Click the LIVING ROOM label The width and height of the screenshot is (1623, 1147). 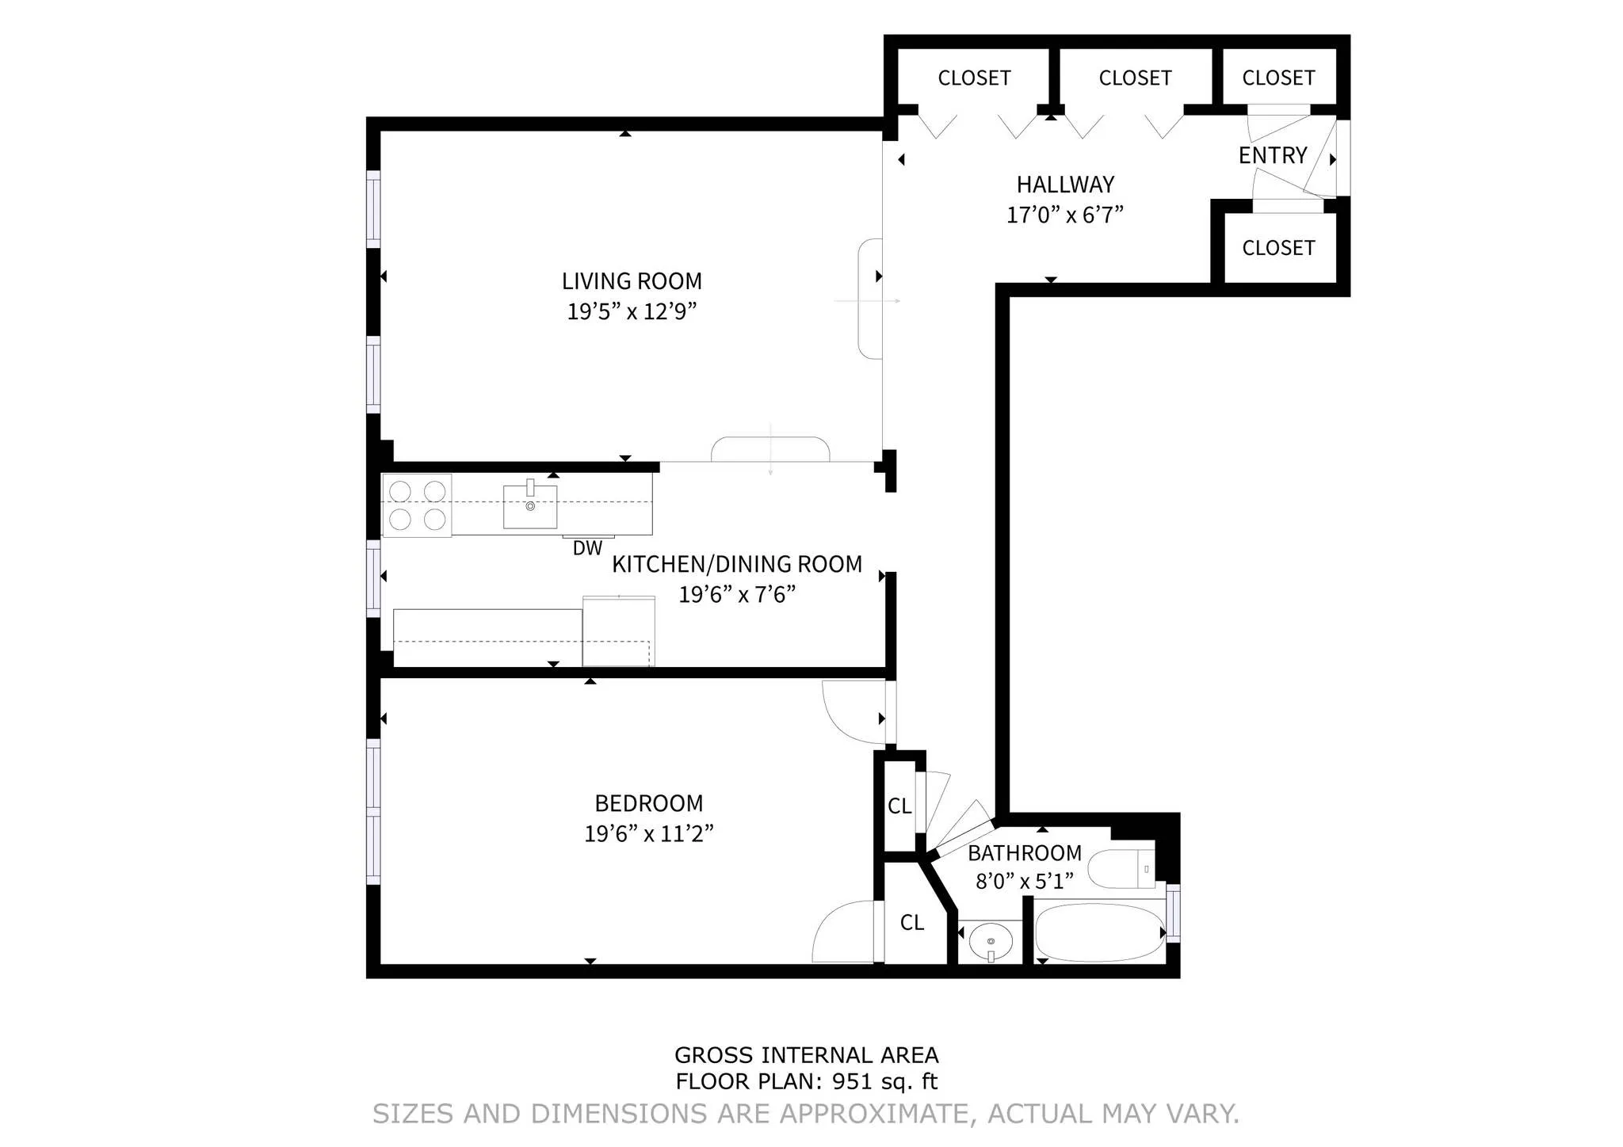(x=632, y=281)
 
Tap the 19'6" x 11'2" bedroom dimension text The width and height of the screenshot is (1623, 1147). (x=649, y=834)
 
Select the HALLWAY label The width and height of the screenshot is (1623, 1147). (x=1065, y=185)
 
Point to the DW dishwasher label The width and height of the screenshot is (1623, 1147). (x=587, y=548)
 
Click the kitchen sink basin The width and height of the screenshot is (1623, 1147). (x=530, y=507)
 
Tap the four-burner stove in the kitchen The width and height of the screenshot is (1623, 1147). (x=417, y=505)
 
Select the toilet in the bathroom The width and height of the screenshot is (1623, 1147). (x=1119, y=869)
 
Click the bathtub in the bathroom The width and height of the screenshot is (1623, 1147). (x=1100, y=933)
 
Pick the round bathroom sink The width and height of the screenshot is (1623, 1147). (x=991, y=942)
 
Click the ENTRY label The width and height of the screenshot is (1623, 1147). (x=1273, y=155)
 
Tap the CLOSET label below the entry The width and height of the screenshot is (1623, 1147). (x=1278, y=248)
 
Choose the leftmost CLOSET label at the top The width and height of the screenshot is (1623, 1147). (x=974, y=78)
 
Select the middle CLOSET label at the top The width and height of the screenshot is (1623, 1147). (x=1135, y=78)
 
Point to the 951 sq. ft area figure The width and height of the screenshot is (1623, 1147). (x=884, y=1081)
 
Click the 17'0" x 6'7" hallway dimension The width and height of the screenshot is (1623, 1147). (x=1065, y=215)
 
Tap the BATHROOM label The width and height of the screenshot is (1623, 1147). (x=1024, y=853)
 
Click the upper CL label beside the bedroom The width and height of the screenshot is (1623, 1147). (x=899, y=806)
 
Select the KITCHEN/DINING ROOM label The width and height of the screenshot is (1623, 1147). (x=737, y=564)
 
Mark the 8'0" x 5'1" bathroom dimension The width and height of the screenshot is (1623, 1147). (x=1024, y=882)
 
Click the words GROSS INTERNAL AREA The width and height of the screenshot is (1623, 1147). (x=806, y=1055)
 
